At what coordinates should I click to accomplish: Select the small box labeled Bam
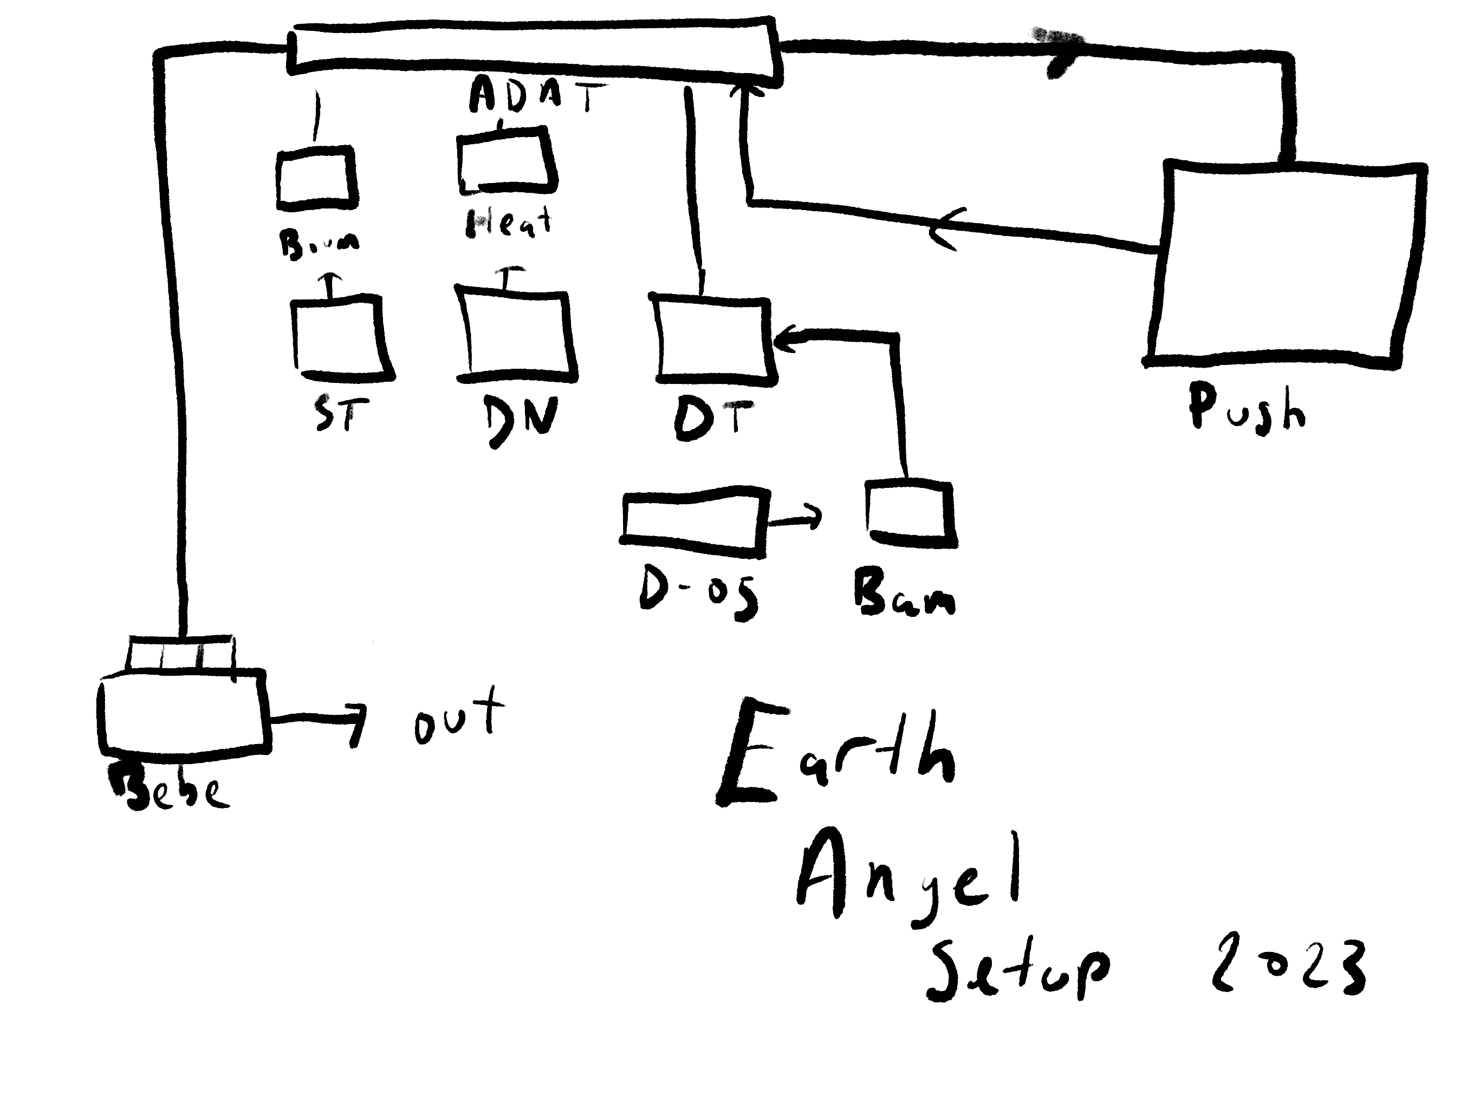coord(910,514)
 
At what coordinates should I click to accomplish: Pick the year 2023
coord(1288,967)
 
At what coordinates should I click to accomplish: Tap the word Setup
coord(1017,970)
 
